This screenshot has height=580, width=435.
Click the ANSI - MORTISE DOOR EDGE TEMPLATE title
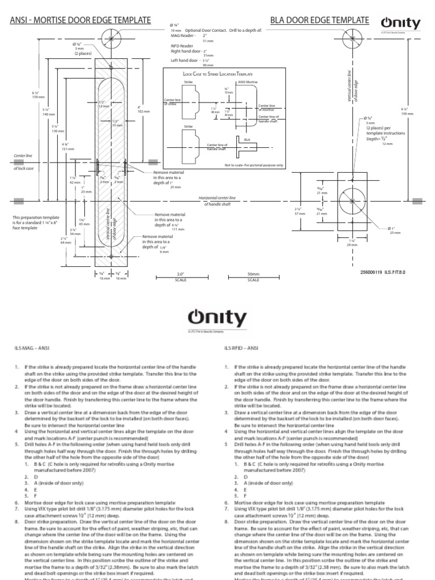[x=80, y=20]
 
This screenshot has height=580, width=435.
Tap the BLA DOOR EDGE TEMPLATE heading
[x=319, y=20]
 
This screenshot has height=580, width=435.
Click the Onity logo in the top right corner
[x=400, y=24]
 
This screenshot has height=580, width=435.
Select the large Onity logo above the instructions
[x=217, y=318]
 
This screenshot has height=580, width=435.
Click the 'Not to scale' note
[x=246, y=165]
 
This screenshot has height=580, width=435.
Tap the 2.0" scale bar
[x=181, y=277]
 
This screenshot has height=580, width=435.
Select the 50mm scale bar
[x=253, y=277]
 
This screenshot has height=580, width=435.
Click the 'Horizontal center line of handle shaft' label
[x=218, y=201]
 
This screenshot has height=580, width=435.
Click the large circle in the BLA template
[x=353, y=201]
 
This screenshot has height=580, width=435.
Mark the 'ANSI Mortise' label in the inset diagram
[x=248, y=82]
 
